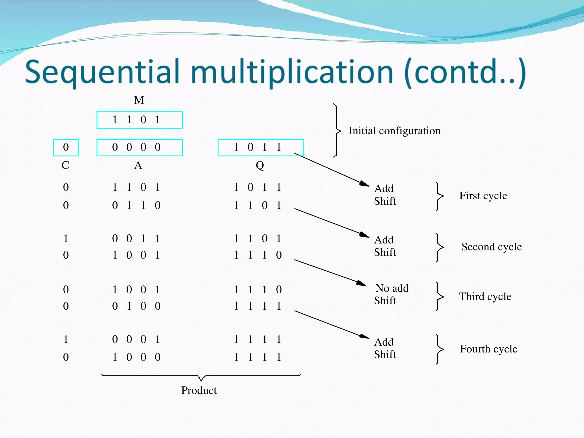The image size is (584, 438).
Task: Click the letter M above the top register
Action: click(139, 100)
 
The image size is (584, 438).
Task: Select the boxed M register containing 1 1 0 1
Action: click(139, 120)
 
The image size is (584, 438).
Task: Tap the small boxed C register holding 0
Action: click(66, 147)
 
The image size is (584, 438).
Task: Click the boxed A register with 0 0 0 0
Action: click(139, 147)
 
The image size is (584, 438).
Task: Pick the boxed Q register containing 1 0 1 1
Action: click(261, 147)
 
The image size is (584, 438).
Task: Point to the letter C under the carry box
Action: click(65, 165)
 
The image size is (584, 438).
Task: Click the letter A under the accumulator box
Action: click(138, 165)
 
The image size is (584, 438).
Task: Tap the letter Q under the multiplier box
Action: click(260, 165)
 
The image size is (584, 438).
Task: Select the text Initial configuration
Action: click(394, 131)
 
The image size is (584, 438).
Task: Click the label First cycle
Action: click(483, 196)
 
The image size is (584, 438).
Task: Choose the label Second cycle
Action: click(491, 247)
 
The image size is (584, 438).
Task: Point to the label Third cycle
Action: click(485, 297)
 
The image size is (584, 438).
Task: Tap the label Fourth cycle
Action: click(488, 349)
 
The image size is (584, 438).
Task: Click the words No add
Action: click(392, 288)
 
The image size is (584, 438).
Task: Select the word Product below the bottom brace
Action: click(199, 390)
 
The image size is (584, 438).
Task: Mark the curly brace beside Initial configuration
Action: click(337, 131)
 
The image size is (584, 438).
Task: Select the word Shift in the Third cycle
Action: click(385, 301)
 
